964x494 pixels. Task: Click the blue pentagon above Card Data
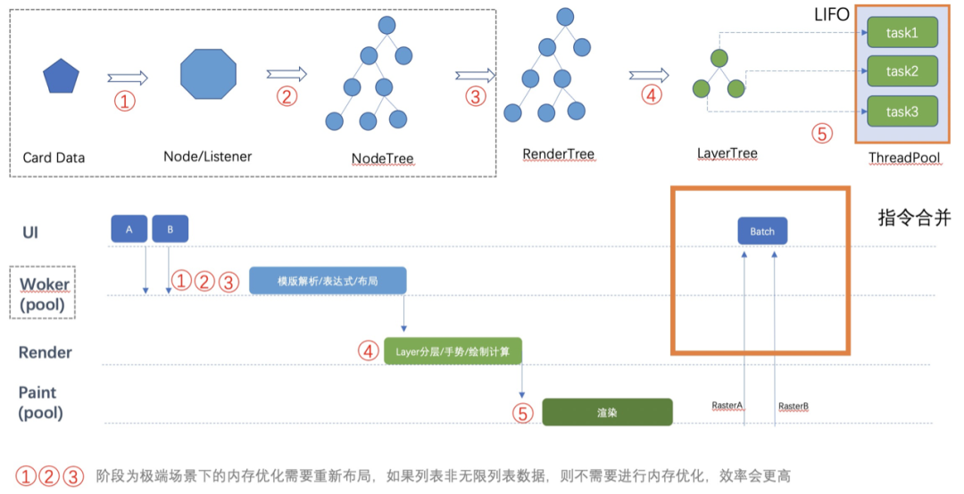click(61, 76)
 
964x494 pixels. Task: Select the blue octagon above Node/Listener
click(208, 74)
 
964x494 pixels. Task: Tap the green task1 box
click(902, 33)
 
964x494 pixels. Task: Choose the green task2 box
click(902, 71)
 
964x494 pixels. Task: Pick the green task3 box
click(902, 111)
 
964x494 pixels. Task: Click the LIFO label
click(832, 15)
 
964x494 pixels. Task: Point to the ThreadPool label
click(904, 158)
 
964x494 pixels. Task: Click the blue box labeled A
click(129, 229)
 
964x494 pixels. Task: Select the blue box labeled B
click(170, 229)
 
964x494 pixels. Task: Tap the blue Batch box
click(762, 231)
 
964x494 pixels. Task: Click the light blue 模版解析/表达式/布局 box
click(328, 281)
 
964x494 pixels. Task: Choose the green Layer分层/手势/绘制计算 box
click(453, 350)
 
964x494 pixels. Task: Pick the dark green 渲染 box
click(608, 412)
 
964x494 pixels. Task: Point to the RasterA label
click(727, 406)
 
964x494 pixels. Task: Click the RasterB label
click(794, 406)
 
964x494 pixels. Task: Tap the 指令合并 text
click(914, 218)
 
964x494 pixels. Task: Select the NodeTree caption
click(382, 159)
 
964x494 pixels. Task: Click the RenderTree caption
click(558, 154)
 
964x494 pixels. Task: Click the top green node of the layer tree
click(719, 58)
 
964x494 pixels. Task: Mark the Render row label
click(45, 352)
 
